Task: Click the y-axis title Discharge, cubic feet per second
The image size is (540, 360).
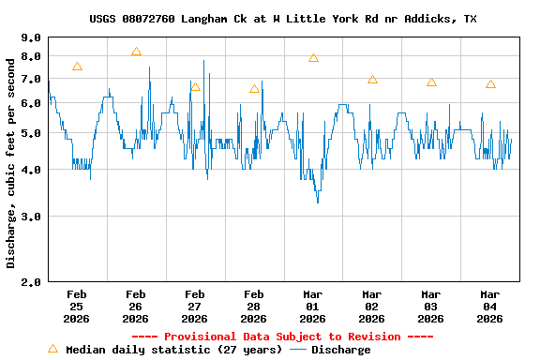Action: (11, 161)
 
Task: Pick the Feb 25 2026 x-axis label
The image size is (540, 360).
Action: (77, 306)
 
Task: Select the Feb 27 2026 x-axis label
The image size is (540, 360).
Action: (195, 306)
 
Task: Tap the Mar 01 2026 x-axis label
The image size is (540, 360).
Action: (313, 306)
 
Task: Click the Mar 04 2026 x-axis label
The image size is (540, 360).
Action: (489, 306)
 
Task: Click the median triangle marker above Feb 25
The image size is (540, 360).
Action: (77, 67)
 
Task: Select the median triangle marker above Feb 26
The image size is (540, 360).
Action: (136, 52)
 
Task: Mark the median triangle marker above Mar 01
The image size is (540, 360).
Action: (313, 58)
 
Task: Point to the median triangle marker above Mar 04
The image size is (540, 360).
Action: (490, 84)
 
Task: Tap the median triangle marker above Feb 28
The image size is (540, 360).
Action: (254, 89)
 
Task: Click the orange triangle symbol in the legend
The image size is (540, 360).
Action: (52, 349)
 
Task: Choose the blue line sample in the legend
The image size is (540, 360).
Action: (298, 350)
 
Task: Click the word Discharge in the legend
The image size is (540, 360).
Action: (340, 350)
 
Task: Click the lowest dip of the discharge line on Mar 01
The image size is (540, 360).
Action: (318, 202)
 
